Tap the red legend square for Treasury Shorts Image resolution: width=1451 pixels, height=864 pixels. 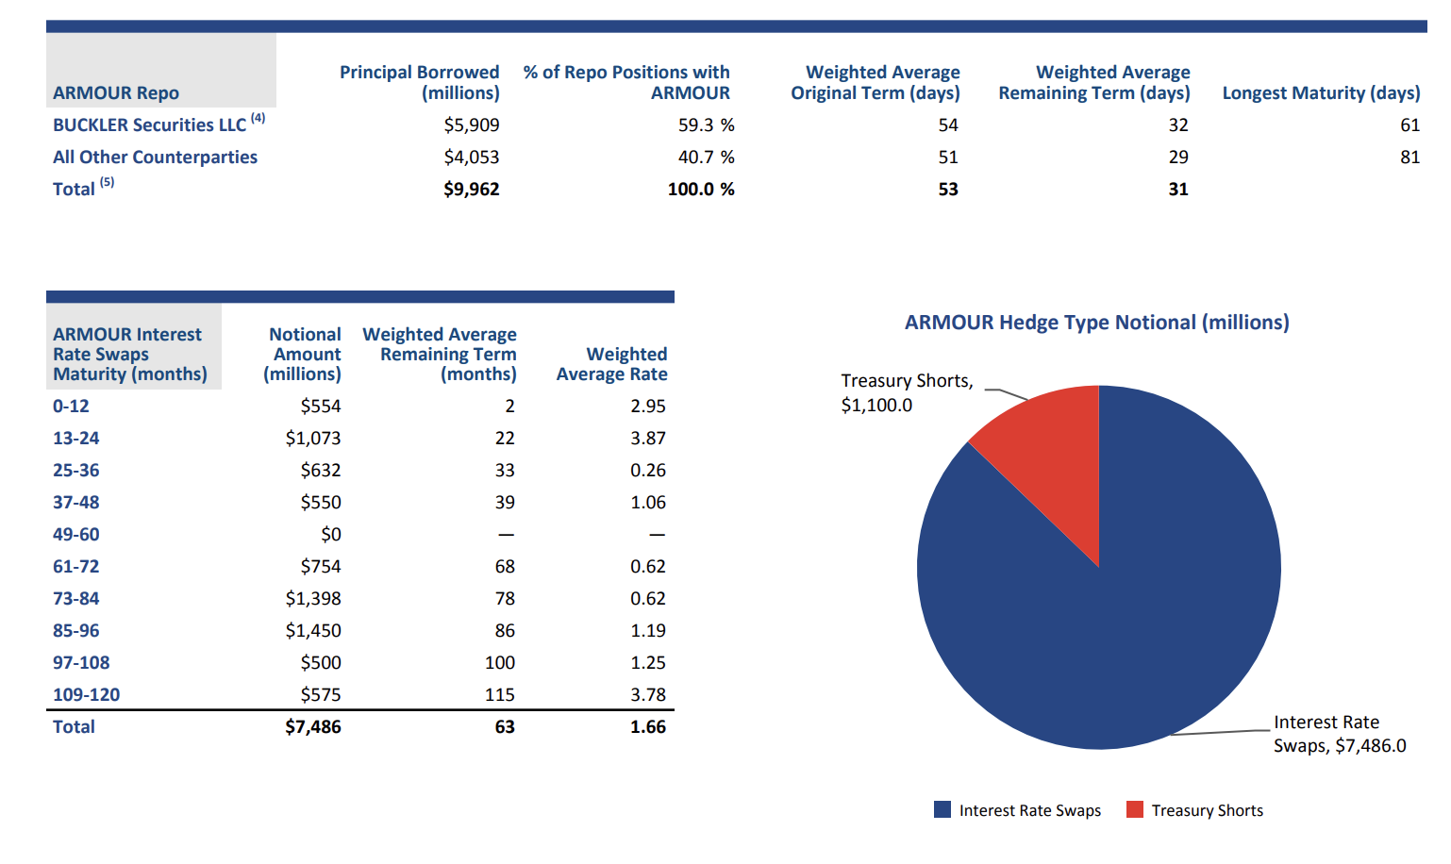1134,809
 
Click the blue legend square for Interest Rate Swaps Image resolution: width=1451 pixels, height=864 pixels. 942,809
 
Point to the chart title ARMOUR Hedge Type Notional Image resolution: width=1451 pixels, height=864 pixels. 1096,323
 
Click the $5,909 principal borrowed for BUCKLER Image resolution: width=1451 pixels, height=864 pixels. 472,125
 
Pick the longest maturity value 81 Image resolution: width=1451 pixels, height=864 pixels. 1409,158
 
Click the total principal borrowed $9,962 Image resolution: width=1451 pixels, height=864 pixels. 472,190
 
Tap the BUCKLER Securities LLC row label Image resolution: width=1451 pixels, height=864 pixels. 149,125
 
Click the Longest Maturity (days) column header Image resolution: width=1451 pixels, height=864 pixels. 1321,93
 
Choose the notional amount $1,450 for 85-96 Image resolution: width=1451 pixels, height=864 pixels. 313,631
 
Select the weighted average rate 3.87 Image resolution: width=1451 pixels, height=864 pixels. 648,439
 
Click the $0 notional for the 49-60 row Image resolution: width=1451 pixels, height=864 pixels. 330,535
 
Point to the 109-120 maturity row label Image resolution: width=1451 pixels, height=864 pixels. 87,695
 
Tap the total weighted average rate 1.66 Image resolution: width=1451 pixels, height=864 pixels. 648,727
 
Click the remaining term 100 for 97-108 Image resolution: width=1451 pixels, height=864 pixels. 500,663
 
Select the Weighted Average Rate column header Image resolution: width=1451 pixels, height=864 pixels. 612,364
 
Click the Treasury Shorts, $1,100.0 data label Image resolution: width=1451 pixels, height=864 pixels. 906,392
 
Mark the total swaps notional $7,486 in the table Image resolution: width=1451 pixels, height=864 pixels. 313,727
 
